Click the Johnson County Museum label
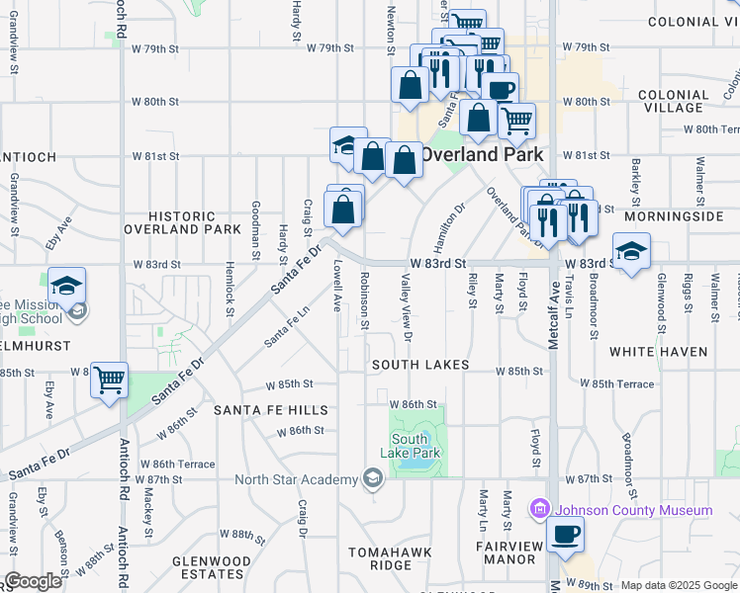click(633, 510)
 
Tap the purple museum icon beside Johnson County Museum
click(539, 510)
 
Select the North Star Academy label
click(296, 480)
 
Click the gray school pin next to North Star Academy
click(372, 480)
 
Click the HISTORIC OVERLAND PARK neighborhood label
click(182, 222)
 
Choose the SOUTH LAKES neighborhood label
click(420, 365)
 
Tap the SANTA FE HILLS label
click(270, 409)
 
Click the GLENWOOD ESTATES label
click(211, 566)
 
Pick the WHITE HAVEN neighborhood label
click(659, 351)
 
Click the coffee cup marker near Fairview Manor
click(565, 535)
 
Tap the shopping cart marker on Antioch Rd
click(109, 380)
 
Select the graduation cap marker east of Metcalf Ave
click(630, 253)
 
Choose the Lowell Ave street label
click(337, 284)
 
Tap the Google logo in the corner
click(33, 581)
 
